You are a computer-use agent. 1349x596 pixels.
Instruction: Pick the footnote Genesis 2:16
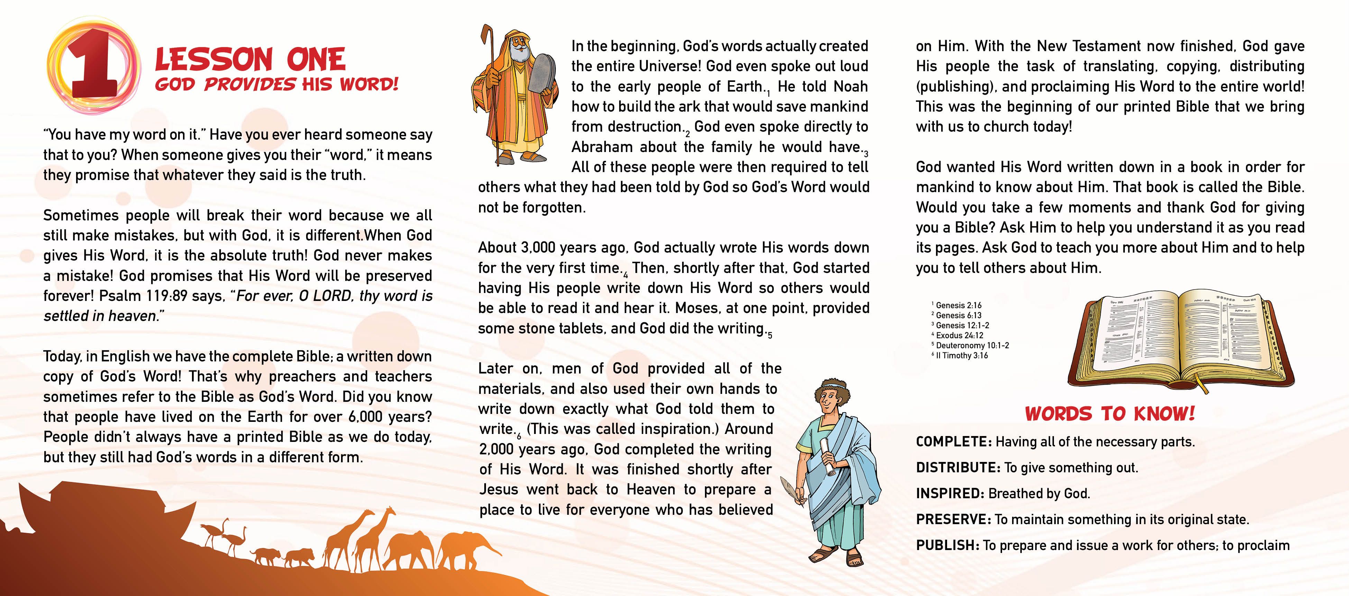click(x=958, y=305)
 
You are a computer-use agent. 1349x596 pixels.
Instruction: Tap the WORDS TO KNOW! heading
click(x=1110, y=414)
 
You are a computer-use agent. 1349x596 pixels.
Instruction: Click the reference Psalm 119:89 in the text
click(x=143, y=296)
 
